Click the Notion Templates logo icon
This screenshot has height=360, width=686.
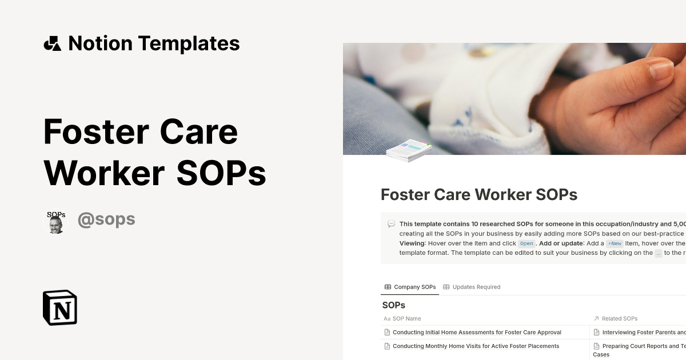tap(52, 43)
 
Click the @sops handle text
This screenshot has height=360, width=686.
tap(106, 219)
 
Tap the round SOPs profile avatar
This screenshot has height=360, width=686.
tap(55, 222)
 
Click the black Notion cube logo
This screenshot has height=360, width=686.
tap(60, 307)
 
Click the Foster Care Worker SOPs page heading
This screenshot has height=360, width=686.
tap(479, 195)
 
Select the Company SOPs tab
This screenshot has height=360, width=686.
tap(410, 287)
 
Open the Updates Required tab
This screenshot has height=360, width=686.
tap(472, 287)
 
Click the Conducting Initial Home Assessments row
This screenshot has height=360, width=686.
tap(477, 332)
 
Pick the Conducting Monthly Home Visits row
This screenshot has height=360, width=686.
tap(476, 346)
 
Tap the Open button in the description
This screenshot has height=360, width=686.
tap(526, 243)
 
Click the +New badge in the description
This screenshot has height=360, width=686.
tap(614, 243)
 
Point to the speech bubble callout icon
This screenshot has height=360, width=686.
tap(391, 224)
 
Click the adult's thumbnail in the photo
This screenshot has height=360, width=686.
tap(661, 70)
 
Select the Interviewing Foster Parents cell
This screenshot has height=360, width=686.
tap(640, 332)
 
